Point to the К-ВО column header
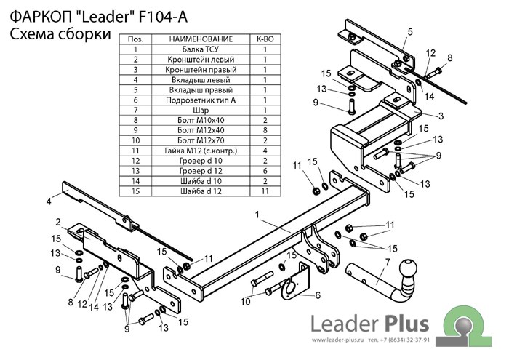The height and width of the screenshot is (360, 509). tap(265, 39)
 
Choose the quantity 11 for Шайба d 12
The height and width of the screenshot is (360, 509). tap(265, 191)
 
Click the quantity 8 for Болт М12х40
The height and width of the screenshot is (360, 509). tap(265, 130)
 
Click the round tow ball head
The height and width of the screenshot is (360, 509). tap(408, 275)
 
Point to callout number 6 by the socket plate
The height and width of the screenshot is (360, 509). tap(317, 295)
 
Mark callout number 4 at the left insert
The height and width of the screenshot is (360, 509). tap(48, 200)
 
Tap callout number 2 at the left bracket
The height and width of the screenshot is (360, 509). tap(57, 222)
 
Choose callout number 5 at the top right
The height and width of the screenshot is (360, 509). tap(410, 31)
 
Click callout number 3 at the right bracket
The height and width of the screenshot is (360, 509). tap(441, 116)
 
